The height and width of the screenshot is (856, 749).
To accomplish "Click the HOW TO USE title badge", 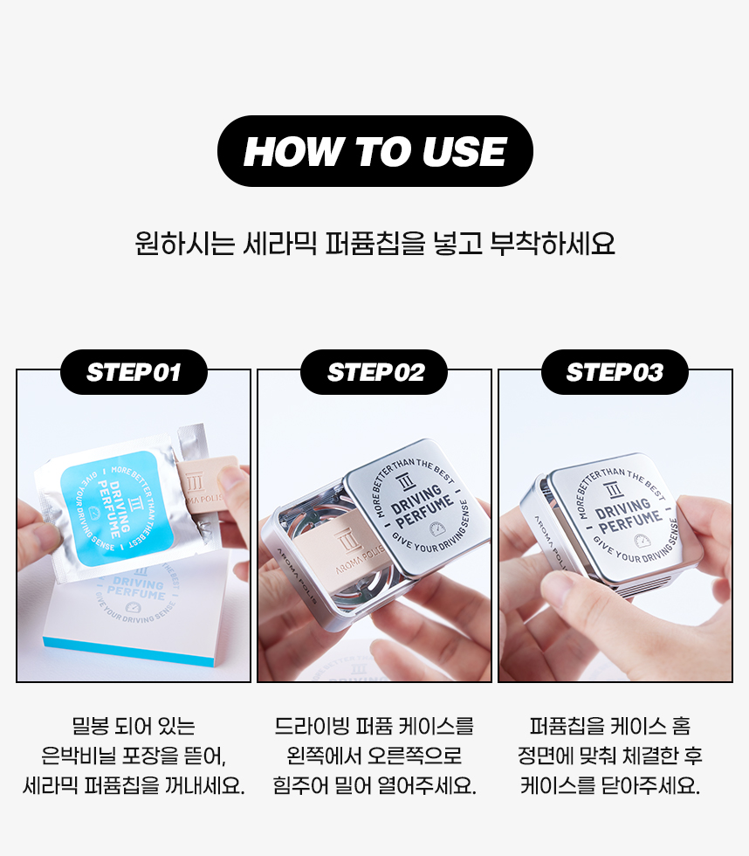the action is pyautogui.click(x=374, y=151).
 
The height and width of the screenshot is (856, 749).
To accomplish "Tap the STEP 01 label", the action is pyautogui.click(x=134, y=372).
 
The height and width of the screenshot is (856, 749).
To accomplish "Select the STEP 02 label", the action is pyautogui.click(x=374, y=372).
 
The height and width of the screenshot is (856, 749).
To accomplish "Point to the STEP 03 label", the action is pyautogui.click(x=615, y=372).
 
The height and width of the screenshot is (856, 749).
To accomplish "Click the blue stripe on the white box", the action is pyautogui.click(x=128, y=652).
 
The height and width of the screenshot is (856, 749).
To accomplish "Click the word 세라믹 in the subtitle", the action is pyautogui.click(x=279, y=244).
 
